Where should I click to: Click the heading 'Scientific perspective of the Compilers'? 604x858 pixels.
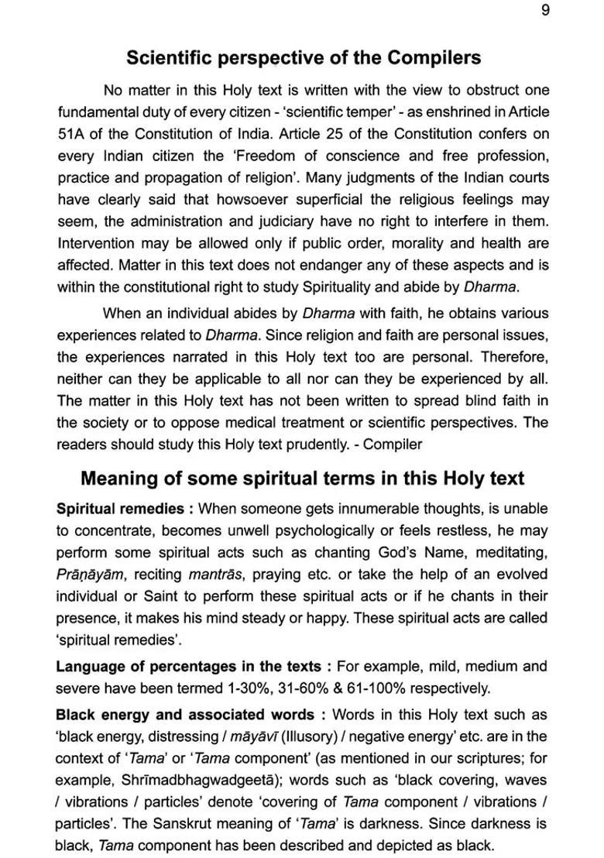pyautogui.click(x=303, y=57)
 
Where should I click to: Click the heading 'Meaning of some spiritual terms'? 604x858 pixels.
pyautogui.click(x=302, y=478)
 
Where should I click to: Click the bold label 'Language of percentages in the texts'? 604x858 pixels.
pyautogui.click(x=187, y=666)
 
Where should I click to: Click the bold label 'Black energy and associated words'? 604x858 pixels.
pyautogui.click(x=184, y=714)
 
